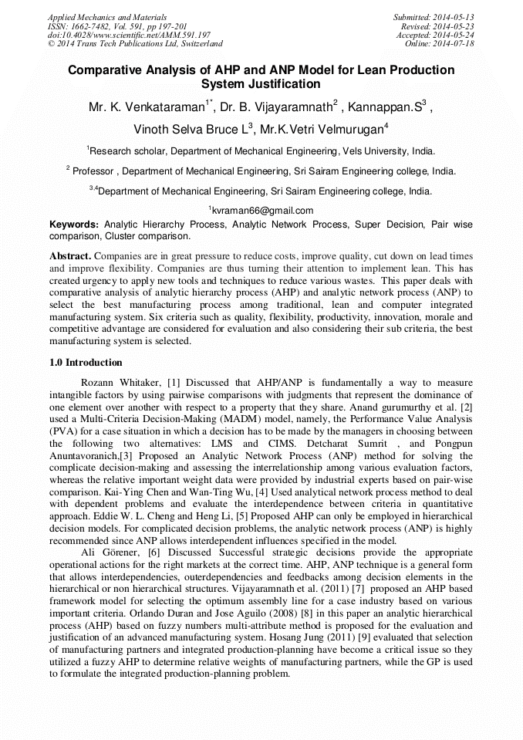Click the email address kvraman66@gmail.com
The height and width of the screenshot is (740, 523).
coord(261,211)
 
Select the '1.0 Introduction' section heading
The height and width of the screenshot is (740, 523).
coord(86,363)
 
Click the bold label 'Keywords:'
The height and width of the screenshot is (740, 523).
coord(74,225)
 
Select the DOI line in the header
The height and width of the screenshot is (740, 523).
coord(129,35)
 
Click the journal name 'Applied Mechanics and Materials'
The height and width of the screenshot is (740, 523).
coord(106,17)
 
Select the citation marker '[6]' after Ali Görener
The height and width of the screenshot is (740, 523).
coord(153,553)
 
